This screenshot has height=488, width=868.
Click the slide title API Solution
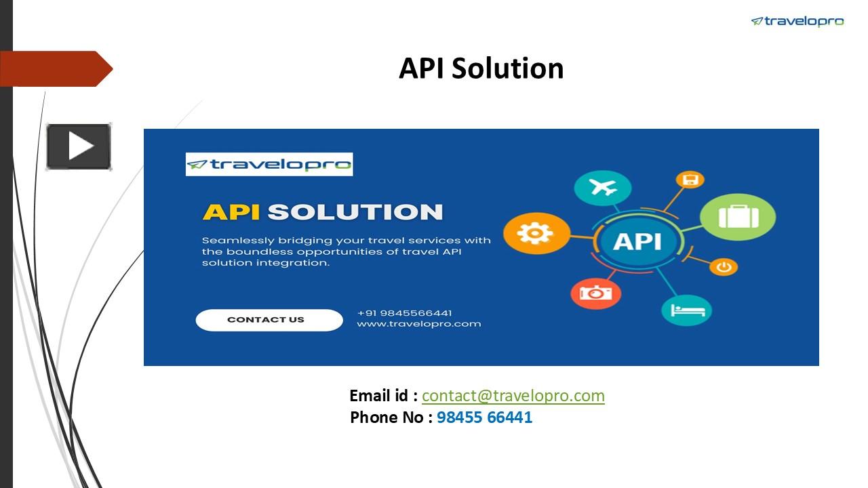pyautogui.click(x=481, y=68)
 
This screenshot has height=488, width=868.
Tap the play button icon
pyautogui.click(x=79, y=146)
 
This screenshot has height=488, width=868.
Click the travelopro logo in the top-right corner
pyautogui.click(x=797, y=22)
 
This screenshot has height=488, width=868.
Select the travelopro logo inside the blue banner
pyautogui.click(x=269, y=164)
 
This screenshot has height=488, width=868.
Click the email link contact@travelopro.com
pyautogui.click(x=513, y=396)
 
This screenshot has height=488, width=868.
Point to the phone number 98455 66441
pyautogui.click(x=484, y=418)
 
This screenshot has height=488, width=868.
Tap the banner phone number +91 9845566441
pyautogui.click(x=404, y=313)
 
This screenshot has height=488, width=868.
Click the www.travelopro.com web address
pyautogui.click(x=418, y=324)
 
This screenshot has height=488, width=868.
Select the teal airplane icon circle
pyautogui.click(x=602, y=188)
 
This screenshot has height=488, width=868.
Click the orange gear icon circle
pyautogui.click(x=536, y=233)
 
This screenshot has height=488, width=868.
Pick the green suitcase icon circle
pyautogui.click(x=737, y=217)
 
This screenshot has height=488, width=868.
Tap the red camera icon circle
pyautogui.click(x=595, y=293)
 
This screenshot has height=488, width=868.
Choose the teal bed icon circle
pyautogui.click(x=686, y=310)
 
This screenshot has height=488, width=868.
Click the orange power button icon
pyautogui.click(x=724, y=266)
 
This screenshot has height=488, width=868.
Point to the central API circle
pyautogui.click(x=637, y=241)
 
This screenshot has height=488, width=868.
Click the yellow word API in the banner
pyautogui.click(x=231, y=211)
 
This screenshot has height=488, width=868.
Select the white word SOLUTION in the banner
pyautogui.click(x=355, y=211)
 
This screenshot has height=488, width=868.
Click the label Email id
pyautogui.click(x=382, y=396)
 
